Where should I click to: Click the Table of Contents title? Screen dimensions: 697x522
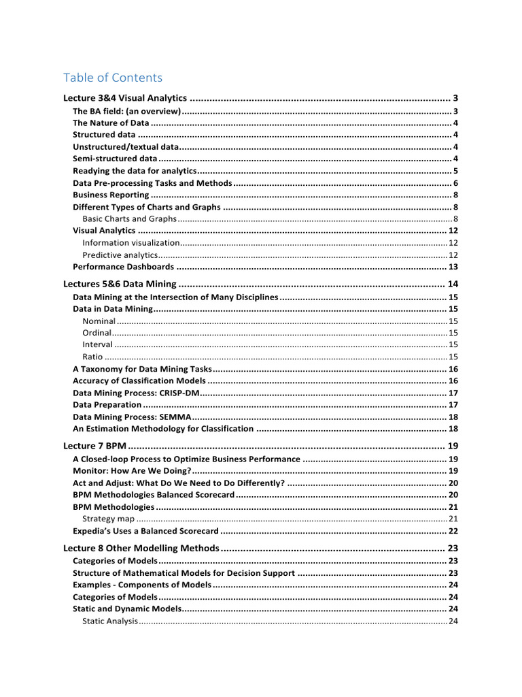pyautogui.click(x=113, y=77)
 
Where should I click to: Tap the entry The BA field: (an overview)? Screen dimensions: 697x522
pyautogui.click(x=126, y=111)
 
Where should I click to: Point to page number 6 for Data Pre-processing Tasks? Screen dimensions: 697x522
pyautogui.click(x=457, y=183)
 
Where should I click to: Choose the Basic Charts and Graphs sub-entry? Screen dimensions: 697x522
pyautogui.click(x=129, y=218)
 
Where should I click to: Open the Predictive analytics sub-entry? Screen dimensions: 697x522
pyautogui.click(x=120, y=255)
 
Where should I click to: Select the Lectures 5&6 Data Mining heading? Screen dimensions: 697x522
pyautogui.click(x=120, y=284)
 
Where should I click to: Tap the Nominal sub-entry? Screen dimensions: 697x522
pyautogui.click(x=99, y=321)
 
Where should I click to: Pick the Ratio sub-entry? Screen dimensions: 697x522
pyautogui.click(x=92, y=357)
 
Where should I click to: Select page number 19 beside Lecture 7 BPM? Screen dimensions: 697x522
pyautogui.click(x=453, y=446)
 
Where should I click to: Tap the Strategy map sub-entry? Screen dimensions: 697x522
pyautogui.click(x=108, y=519)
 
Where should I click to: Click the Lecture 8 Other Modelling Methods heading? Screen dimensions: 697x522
pyautogui.click(x=141, y=548)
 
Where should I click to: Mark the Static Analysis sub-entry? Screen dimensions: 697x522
pyautogui.click(x=109, y=621)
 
